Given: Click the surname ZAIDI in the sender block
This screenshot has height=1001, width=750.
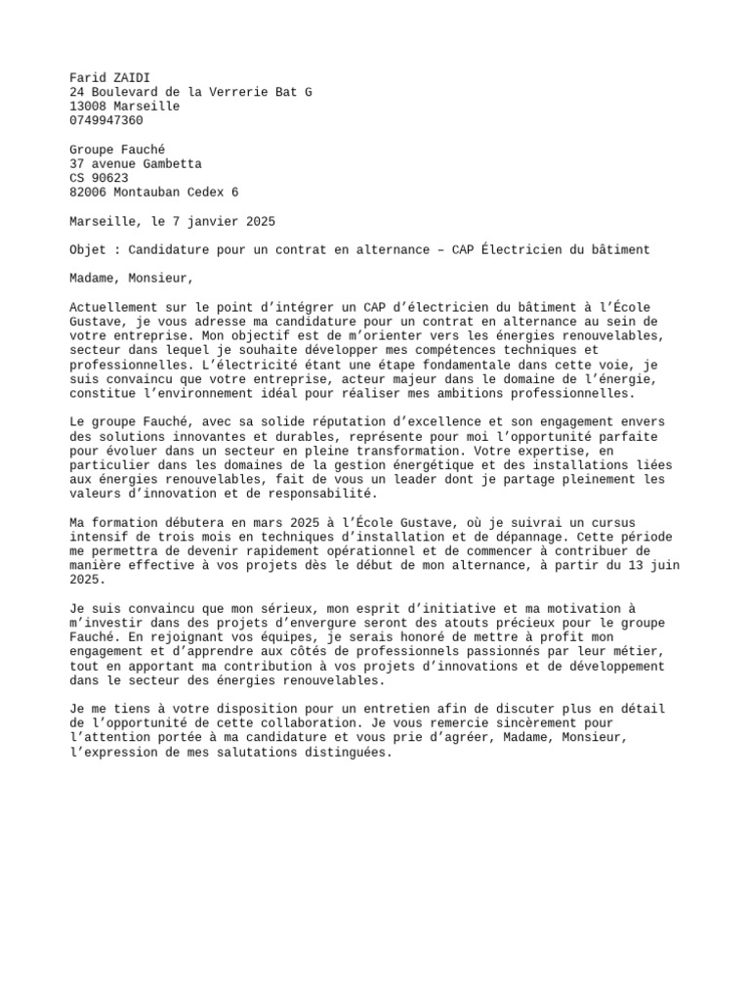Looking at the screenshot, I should click(132, 77).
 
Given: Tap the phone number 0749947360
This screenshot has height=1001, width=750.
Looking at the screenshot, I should click(106, 120).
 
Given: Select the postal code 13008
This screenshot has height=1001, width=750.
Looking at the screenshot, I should click(88, 106).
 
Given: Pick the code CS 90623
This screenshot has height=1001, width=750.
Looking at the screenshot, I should click(99, 178).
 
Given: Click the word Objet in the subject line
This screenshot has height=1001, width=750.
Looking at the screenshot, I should click(88, 250).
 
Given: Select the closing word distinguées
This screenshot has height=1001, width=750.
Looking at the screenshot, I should click(344, 753).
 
